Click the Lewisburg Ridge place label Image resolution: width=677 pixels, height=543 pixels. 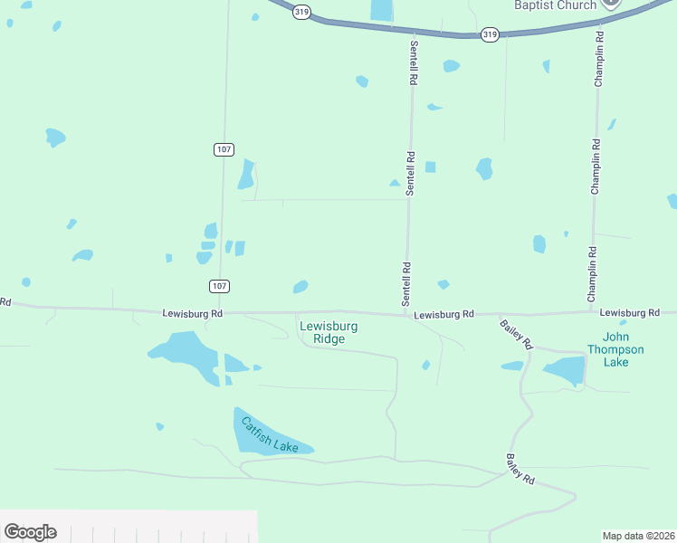pos(329,332)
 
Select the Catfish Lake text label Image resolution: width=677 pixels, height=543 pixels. pos(270,434)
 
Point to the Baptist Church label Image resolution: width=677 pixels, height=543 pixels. pos(556,5)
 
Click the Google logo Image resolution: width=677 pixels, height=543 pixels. pos(30,532)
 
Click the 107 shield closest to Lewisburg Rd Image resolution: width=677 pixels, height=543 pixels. pos(219,286)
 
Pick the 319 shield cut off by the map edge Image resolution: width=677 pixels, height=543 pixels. pos(301,12)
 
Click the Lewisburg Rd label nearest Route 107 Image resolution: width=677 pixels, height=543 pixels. pos(193,314)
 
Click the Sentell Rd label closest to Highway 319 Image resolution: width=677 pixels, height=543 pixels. pos(413,62)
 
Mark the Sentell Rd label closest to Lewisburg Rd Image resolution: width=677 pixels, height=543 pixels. pos(407,282)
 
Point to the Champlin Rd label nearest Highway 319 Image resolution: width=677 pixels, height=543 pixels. pos(598,60)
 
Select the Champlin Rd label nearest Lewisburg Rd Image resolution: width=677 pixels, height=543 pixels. pos(594,274)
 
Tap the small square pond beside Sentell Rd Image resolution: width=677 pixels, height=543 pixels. pos(431,167)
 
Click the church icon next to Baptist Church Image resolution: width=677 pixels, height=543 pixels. pos(613,3)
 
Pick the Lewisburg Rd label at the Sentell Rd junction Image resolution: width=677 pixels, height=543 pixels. pos(443,314)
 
